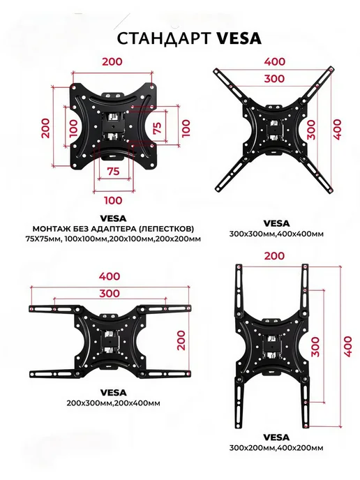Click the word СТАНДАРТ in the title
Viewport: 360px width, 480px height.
click(164, 38)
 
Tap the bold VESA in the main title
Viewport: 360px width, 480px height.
click(239, 38)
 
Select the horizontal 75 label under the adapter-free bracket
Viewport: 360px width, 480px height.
click(113, 171)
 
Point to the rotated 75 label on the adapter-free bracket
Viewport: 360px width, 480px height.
click(157, 128)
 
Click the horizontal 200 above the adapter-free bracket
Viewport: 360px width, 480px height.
click(112, 61)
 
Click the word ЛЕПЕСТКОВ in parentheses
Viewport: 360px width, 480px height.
click(165, 229)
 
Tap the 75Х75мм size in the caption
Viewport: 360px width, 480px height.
click(43, 239)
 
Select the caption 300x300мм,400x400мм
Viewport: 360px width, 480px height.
click(276, 234)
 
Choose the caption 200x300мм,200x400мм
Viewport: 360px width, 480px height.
click(113, 403)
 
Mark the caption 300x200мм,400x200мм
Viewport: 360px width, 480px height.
click(276, 448)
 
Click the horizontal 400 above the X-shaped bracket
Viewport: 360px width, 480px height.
click(275, 61)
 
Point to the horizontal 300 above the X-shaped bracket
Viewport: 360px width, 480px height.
click(274, 79)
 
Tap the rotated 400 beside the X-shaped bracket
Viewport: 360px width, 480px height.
click(337, 130)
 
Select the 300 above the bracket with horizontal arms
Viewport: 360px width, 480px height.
click(110, 294)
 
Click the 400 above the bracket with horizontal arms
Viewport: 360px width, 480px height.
click(110, 276)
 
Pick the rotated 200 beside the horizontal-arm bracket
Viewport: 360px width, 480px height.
click(181, 340)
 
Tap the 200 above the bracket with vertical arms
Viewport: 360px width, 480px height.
click(274, 256)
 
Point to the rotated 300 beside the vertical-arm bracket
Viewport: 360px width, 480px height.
click(315, 347)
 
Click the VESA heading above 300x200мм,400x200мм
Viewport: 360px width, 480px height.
click(276, 437)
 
